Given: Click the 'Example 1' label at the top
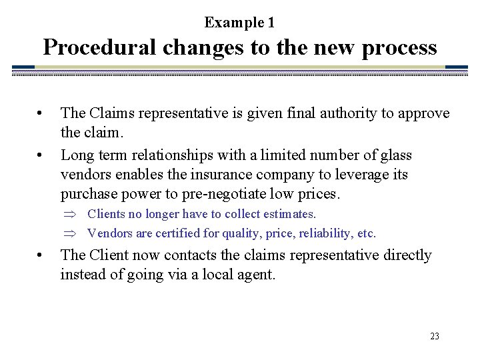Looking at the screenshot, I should [239, 23].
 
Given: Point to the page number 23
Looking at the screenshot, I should [434, 337].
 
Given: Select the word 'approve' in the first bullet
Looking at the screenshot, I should [424, 114].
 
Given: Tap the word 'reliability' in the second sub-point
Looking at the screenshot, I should [308, 233].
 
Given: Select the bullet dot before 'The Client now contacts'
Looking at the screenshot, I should [41, 255].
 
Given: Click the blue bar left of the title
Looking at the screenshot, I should [23, 67].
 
